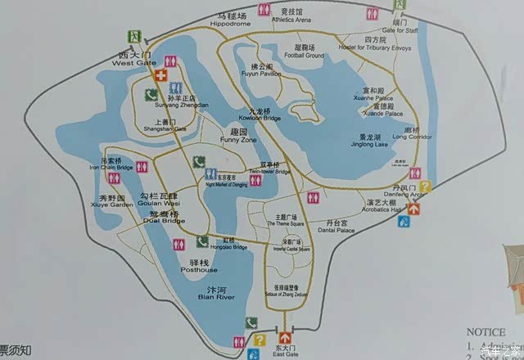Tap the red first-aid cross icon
pyautogui.click(x=160, y=76)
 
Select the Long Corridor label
pyautogui.click(x=410, y=136)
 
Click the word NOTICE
pyautogui.click(x=486, y=332)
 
